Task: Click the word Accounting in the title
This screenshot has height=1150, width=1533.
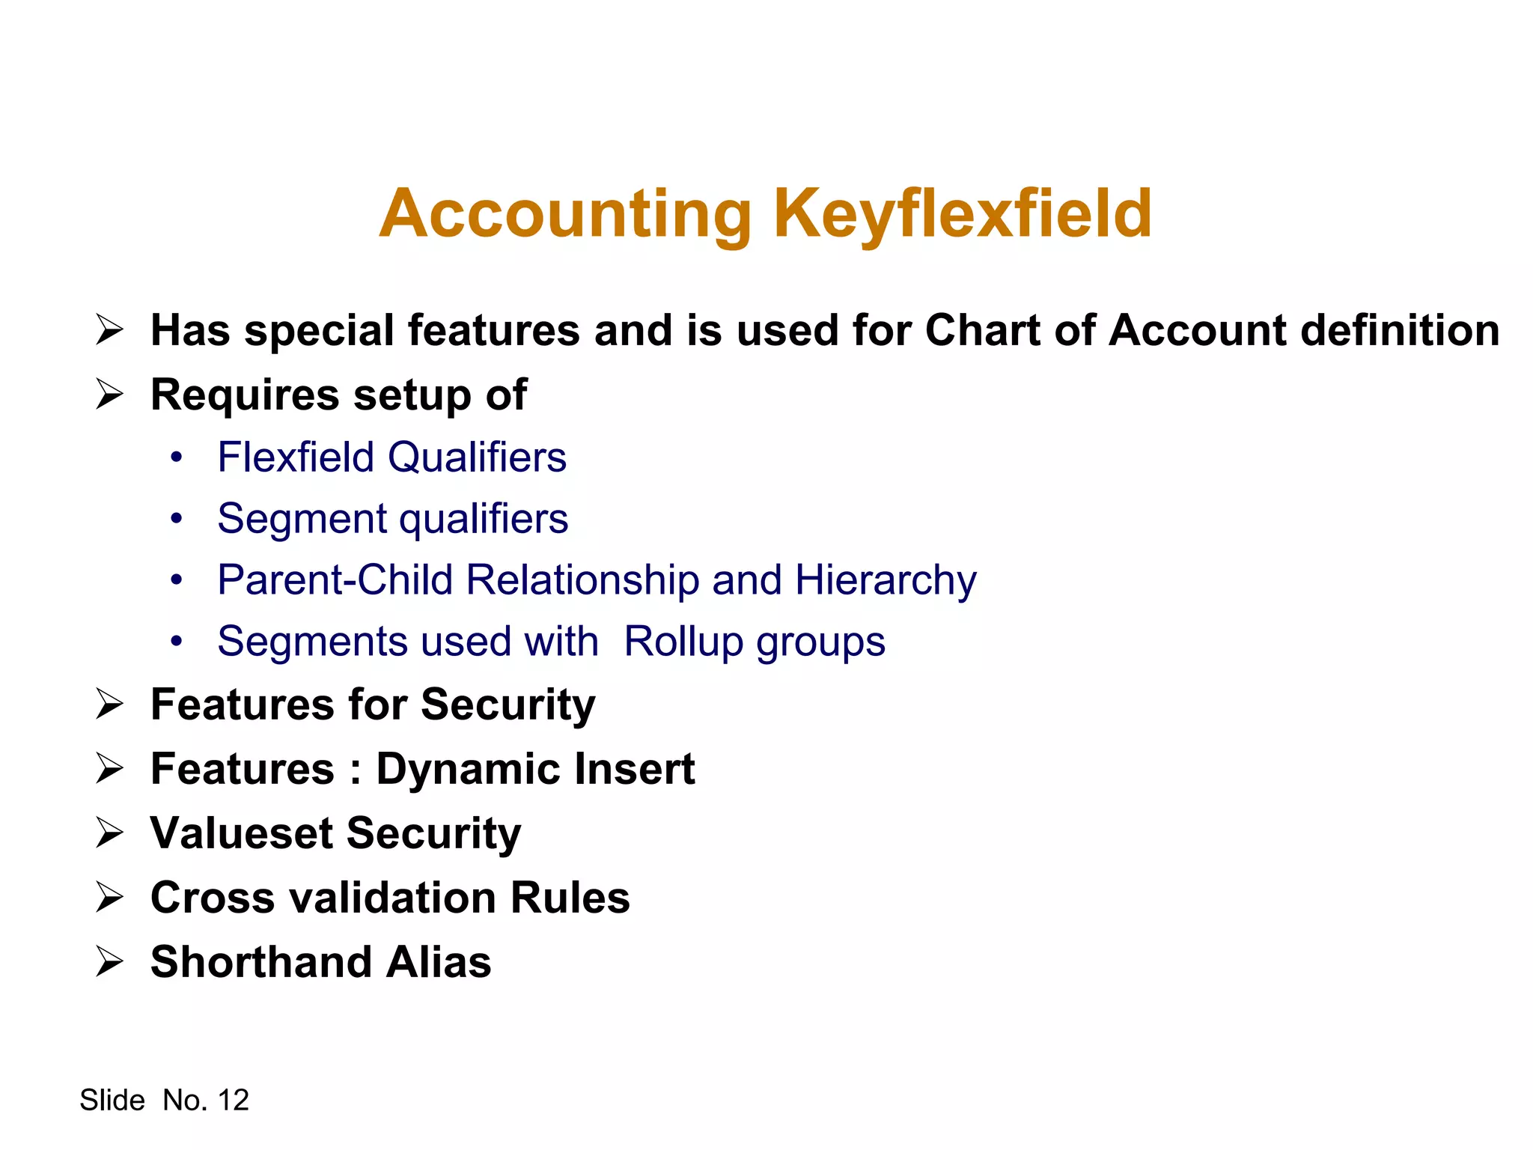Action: point(565,214)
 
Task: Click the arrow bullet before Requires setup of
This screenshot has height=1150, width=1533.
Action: point(109,394)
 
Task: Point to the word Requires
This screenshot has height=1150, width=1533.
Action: point(244,395)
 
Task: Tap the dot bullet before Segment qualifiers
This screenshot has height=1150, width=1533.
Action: point(176,518)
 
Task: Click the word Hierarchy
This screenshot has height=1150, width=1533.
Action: point(886,581)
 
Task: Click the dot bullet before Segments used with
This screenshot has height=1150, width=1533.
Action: point(176,642)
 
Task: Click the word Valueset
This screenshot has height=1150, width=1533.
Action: point(241,833)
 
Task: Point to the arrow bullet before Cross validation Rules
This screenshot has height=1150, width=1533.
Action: point(109,897)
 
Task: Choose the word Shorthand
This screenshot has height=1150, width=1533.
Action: point(261,961)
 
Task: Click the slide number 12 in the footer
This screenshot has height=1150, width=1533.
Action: point(233,1100)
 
